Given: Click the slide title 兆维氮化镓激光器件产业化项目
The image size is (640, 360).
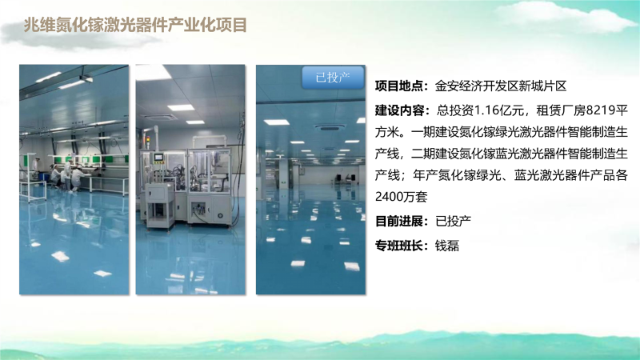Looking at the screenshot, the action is pyautogui.click(x=135, y=25).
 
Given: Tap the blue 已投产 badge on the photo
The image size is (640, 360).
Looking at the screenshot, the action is pyautogui.click(x=333, y=77).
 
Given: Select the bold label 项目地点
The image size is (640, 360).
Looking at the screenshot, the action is pyautogui.click(x=398, y=86).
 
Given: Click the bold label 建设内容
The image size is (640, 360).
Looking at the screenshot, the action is pyautogui.click(x=398, y=110).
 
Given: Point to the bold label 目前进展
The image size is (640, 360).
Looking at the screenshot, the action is pyautogui.click(x=398, y=222).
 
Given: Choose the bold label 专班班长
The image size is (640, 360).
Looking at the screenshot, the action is pyautogui.click(x=398, y=246).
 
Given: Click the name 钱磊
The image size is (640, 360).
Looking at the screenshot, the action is pyautogui.click(x=447, y=246).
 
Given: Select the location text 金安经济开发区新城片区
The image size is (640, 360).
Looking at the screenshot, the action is pyautogui.click(x=501, y=86).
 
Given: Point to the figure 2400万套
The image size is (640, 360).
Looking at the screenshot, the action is pyautogui.click(x=402, y=197).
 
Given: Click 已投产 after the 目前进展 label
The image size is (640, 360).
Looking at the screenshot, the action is pyautogui.click(x=454, y=222).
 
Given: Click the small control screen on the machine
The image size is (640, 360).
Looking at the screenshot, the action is pyautogui.click(x=158, y=158).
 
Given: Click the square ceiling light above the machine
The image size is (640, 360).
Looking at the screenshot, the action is pyautogui.click(x=181, y=107).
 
